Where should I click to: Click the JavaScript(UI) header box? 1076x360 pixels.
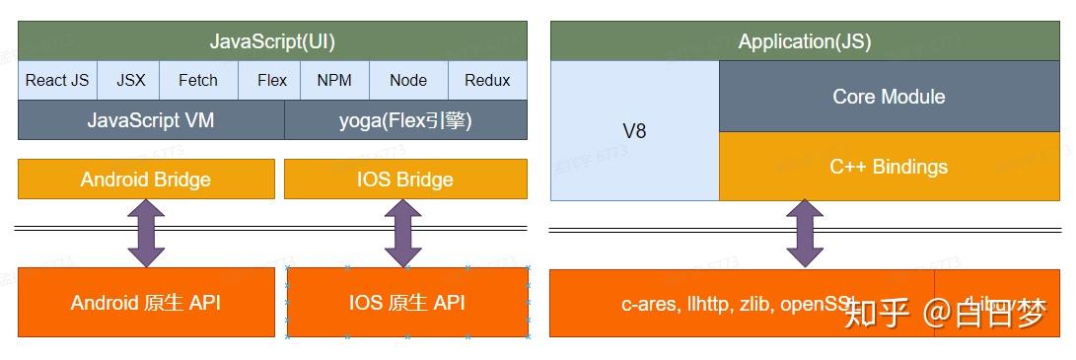(x=272, y=41)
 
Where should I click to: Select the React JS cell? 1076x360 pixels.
(x=57, y=80)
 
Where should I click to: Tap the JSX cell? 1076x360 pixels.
(x=131, y=80)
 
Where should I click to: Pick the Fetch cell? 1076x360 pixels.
(x=197, y=80)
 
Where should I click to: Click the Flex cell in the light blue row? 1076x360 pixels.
(x=271, y=80)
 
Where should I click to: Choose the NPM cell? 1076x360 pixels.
(x=334, y=80)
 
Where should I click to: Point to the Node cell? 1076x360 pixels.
(x=408, y=80)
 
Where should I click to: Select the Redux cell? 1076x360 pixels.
(x=487, y=80)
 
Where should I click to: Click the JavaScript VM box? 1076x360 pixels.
(x=151, y=120)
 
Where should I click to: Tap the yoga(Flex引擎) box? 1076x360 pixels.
(x=405, y=120)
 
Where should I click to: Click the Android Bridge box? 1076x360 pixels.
(x=146, y=179)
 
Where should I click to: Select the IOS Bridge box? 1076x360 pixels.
(x=405, y=179)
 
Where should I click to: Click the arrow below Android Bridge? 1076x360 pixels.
(x=146, y=233)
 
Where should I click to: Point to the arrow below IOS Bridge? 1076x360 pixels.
(x=403, y=233)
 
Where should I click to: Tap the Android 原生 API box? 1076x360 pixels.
(x=146, y=302)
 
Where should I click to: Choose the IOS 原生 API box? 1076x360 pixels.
(x=406, y=302)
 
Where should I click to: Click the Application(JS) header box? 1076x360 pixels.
(x=804, y=41)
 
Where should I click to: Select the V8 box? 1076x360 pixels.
(x=634, y=130)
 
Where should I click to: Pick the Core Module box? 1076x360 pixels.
(x=889, y=97)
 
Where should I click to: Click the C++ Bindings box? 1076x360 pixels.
(x=889, y=167)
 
